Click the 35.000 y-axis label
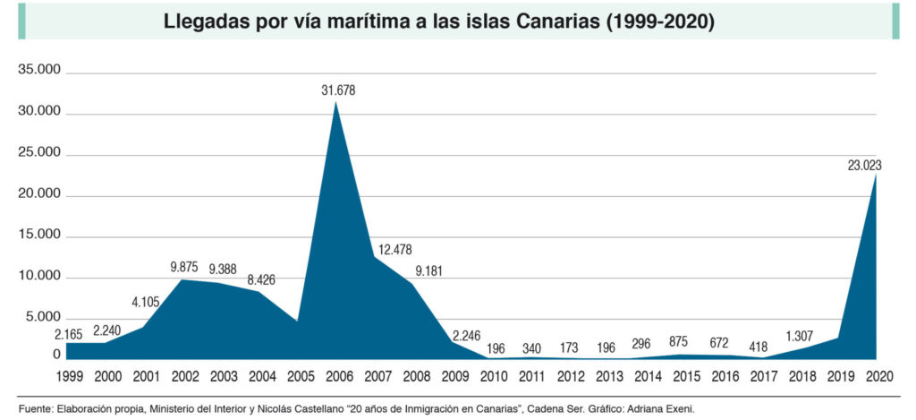(39, 72)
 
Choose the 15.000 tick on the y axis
(39, 236)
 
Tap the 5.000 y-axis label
(43, 318)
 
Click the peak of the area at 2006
(336, 102)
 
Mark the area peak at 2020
(876, 173)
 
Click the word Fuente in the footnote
(36, 408)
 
